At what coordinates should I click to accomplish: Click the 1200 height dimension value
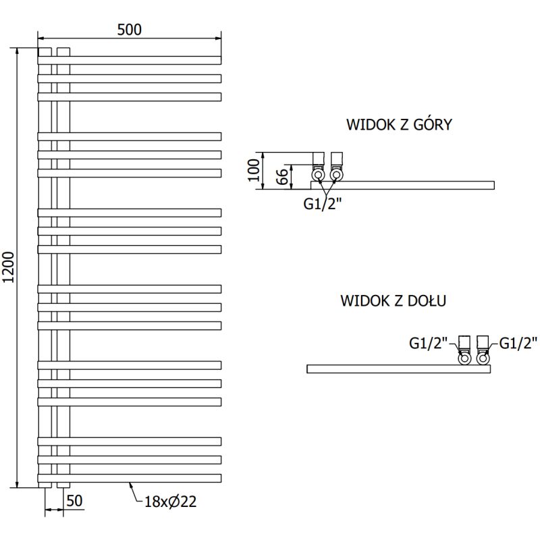(x=9, y=268)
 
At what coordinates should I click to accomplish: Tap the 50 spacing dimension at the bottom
(x=75, y=501)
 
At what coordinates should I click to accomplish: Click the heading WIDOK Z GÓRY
(x=399, y=125)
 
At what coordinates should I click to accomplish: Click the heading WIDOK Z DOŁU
(x=394, y=301)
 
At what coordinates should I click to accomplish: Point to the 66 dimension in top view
(x=283, y=177)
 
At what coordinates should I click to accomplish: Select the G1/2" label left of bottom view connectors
(x=429, y=343)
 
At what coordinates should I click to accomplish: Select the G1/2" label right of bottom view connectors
(x=518, y=343)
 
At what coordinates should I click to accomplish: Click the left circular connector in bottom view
(x=465, y=358)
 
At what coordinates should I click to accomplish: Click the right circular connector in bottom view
(x=483, y=358)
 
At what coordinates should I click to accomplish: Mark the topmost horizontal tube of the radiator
(x=130, y=60)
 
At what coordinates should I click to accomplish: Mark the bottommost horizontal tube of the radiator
(x=130, y=478)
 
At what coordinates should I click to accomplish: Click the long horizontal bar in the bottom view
(x=385, y=369)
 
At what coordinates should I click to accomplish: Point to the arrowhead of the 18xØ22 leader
(x=130, y=483)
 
